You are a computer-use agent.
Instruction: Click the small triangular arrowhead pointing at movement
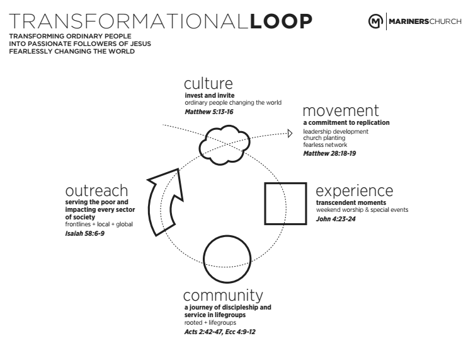coord(290,133)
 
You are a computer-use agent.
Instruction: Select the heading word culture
coord(208,83)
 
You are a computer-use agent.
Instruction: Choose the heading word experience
coord(354,191)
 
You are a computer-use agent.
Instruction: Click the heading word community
coord(222,295)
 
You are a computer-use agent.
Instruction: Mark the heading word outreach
coord(96,191)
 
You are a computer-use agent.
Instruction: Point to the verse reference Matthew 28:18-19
coord(330,153)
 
